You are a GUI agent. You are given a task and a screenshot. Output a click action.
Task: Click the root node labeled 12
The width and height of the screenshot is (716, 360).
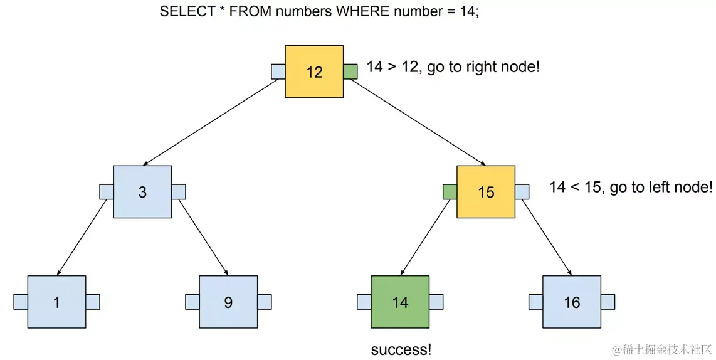[314, 71]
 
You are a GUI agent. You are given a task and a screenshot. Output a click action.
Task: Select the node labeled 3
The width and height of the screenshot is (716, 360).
[142, 192]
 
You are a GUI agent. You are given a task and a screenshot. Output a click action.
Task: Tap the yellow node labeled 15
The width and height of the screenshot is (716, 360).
[486, 192]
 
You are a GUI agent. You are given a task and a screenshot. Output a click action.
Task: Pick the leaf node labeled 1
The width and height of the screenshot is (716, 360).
[56, 302]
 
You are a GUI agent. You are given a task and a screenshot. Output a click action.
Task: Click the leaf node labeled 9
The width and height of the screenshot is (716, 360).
[228, 302]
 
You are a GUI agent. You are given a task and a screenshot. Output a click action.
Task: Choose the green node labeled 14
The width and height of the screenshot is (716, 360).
[400, 302]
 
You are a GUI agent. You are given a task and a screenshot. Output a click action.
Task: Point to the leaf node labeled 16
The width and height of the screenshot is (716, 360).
[572, 302]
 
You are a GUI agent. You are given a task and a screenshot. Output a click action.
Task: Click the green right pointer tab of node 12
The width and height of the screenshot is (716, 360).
[350, 71]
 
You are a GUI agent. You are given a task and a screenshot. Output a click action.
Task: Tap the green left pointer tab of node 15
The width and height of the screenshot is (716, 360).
[450, 192]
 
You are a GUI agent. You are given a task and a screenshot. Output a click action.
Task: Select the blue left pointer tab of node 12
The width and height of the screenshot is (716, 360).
[278, 71]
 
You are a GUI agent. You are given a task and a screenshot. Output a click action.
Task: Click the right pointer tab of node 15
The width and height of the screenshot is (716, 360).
[522, 192]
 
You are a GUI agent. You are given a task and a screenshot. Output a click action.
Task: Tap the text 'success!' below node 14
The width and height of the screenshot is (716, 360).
[401, 349]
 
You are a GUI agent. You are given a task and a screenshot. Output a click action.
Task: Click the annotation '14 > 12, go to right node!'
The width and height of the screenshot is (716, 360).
[453, 67]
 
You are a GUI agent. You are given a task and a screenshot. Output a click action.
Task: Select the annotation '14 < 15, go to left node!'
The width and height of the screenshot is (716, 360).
[631, 187]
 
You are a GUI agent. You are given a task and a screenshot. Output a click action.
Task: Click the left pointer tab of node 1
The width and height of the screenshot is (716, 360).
[20, 302]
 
